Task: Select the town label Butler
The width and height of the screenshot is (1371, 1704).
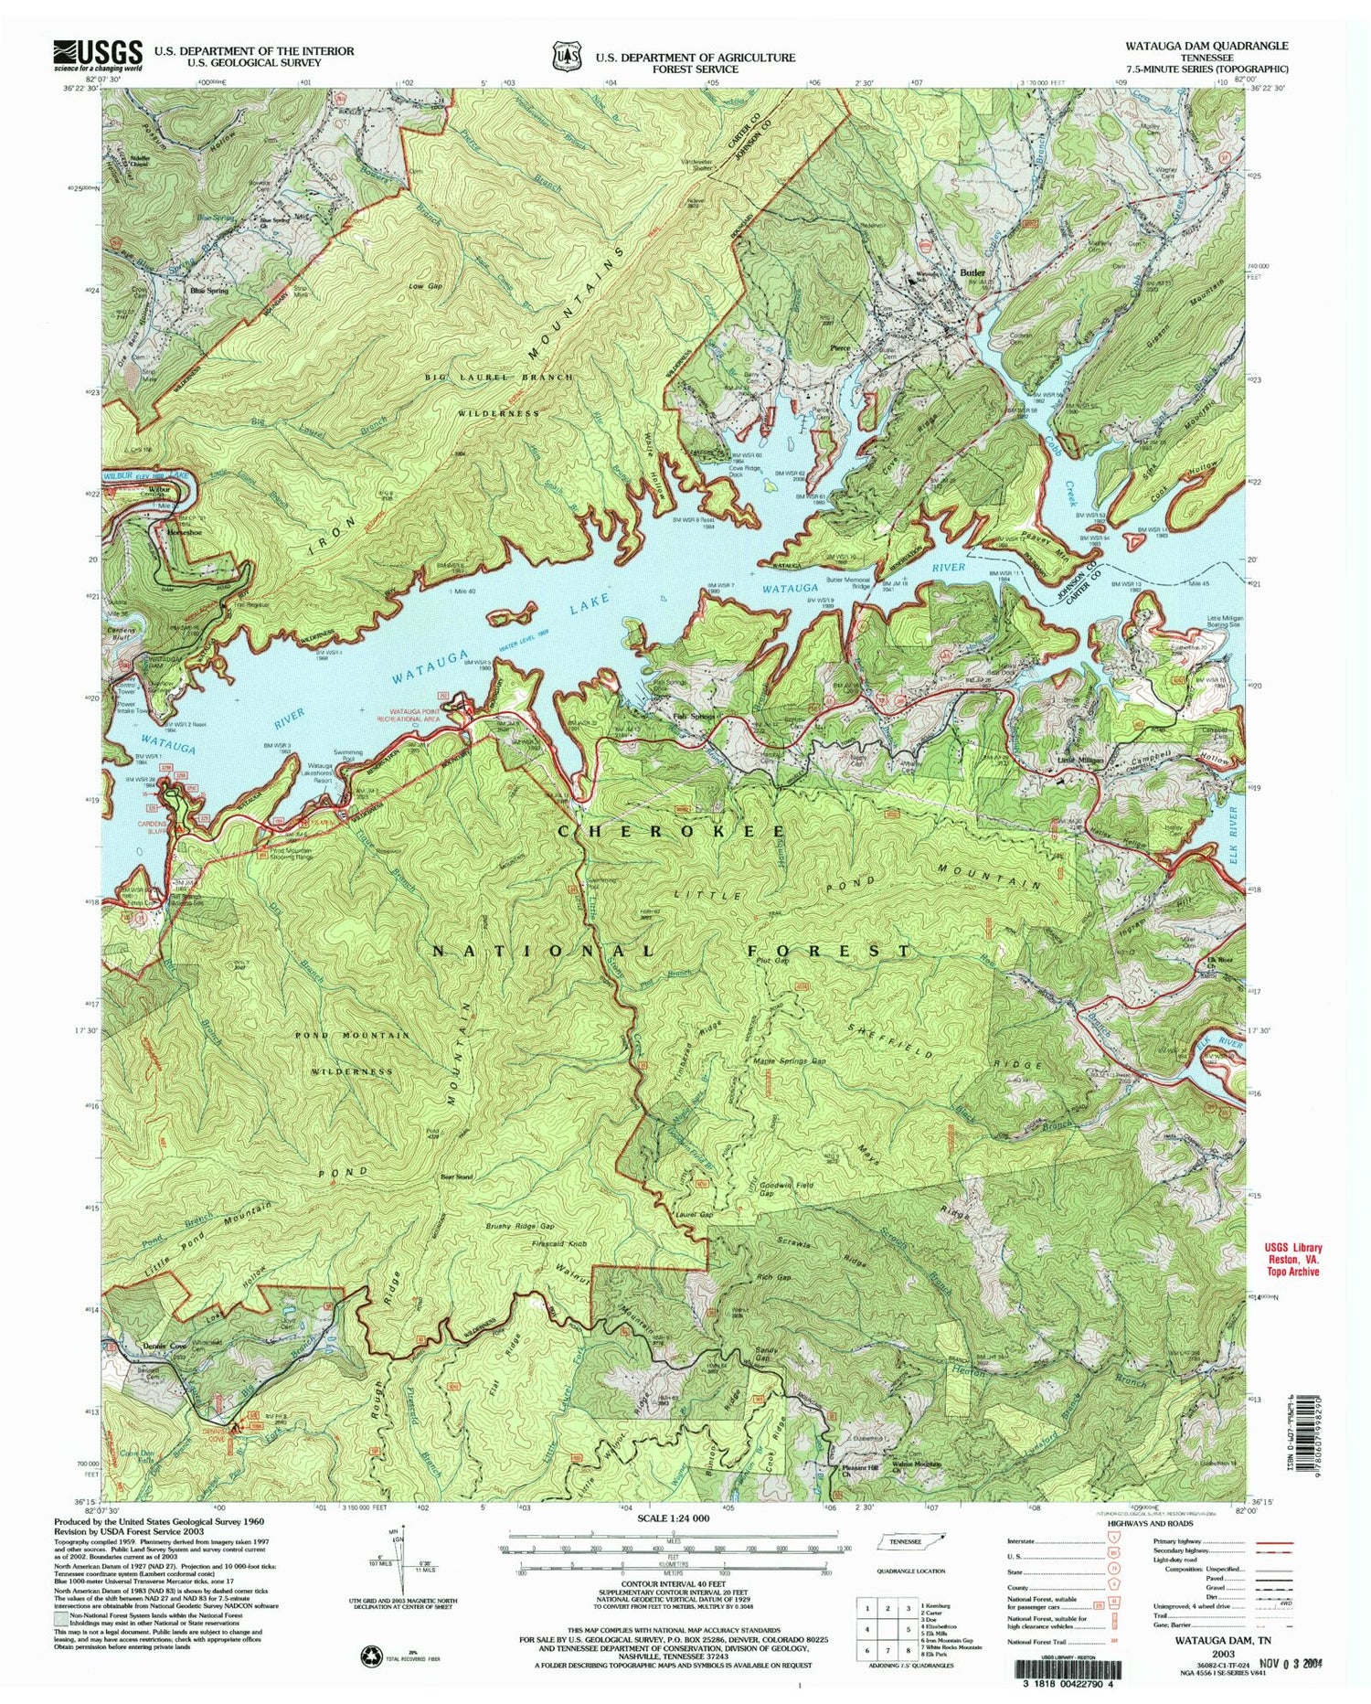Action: [x=972, y=272]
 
